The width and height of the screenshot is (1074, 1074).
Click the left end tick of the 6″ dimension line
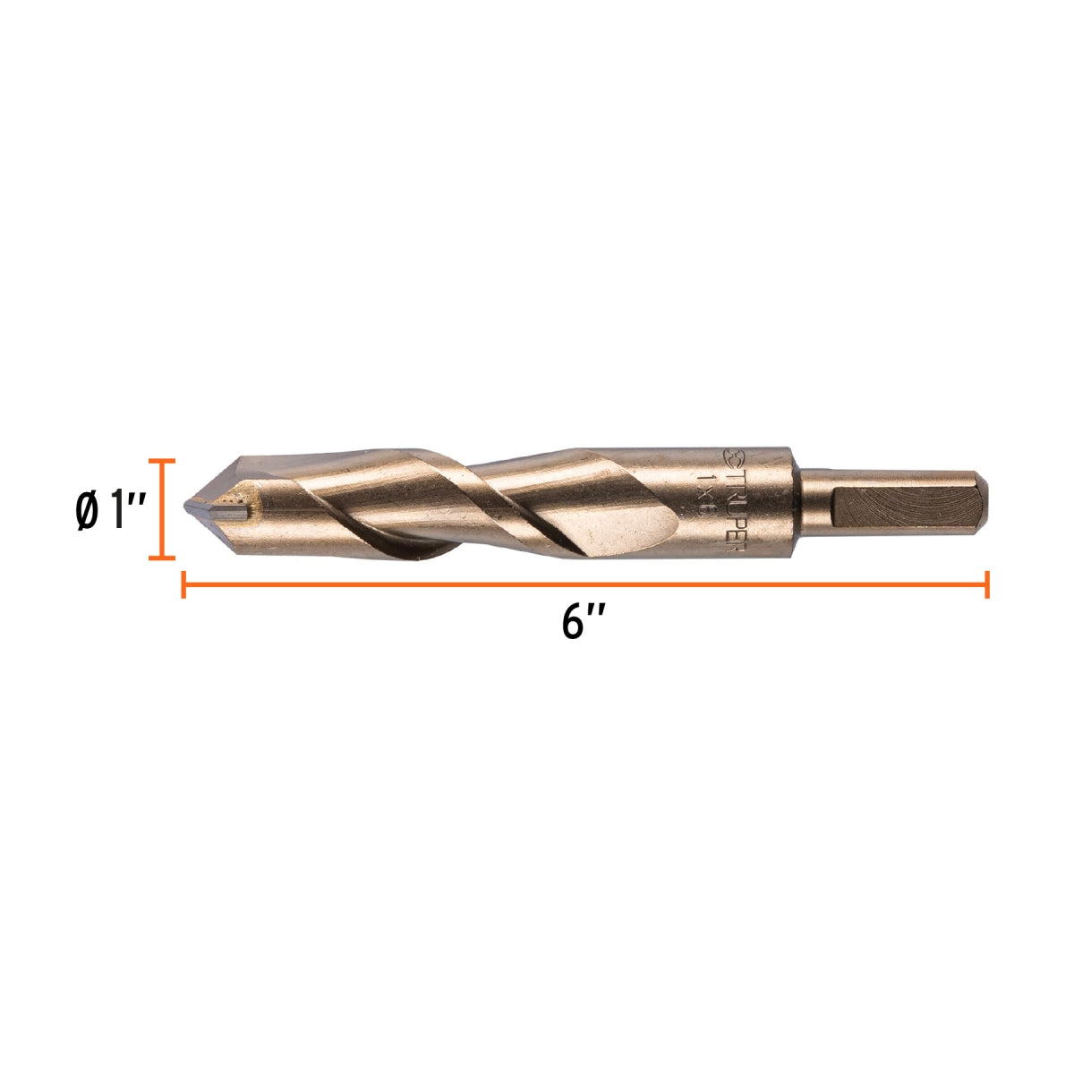click(183, 584)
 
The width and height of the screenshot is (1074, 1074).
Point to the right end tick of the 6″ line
click(986, 584)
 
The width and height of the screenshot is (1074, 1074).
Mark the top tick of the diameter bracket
click(161, 461)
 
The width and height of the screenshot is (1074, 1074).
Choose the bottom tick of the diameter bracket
click(161, 558)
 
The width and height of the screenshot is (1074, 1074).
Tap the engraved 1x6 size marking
click(707, 498)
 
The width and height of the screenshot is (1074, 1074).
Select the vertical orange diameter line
click(161, 509)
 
